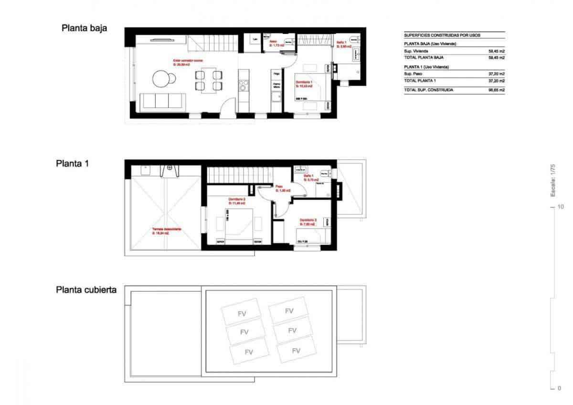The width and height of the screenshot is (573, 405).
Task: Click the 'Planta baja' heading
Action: click(x=84, y=28)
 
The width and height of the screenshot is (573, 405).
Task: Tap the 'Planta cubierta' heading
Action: click(x=86, y=290)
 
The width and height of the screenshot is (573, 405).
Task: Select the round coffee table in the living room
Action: click(x=161, y=79)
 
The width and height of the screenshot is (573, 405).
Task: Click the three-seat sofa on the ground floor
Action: click(x=162, y=101)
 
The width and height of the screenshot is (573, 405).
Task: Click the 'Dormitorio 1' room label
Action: click(x=304, y=83)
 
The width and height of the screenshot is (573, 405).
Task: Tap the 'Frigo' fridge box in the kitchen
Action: click(x=276, y=75)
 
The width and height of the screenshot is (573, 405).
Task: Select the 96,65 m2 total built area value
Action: click(x=497, y=90)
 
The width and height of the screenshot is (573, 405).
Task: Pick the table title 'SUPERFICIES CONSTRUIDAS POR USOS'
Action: click(x=442, y=35)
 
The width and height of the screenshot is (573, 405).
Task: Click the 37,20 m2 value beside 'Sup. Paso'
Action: click(x=497, y=74)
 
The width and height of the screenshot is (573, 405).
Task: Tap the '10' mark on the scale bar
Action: click(x=560, y=207)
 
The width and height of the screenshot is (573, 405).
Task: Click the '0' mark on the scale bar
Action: click(x=559, y=388)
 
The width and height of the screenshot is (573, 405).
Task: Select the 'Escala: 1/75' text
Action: click(x=553, y=181)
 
